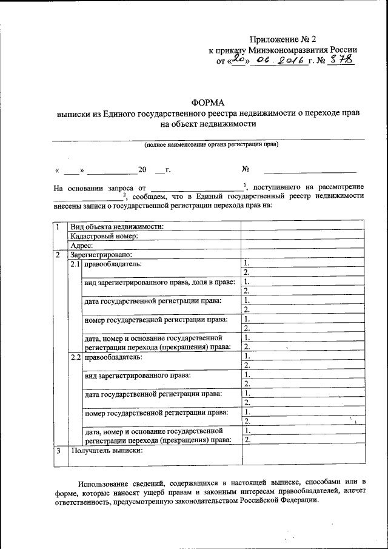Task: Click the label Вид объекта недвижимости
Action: tap(117, 226)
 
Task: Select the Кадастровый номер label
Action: tap(104, 236)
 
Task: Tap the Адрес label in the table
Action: tap(81, 246)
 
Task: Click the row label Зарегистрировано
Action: tap(101, 255)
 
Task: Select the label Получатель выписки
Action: tap(107, 451)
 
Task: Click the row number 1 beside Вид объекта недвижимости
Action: tap(58, 226)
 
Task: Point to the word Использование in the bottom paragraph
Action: tap(104, 483)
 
